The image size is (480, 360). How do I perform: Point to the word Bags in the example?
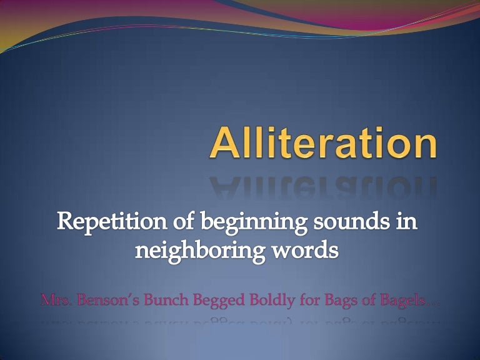[342, 301]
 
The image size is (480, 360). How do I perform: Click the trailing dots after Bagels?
[434, 304]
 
